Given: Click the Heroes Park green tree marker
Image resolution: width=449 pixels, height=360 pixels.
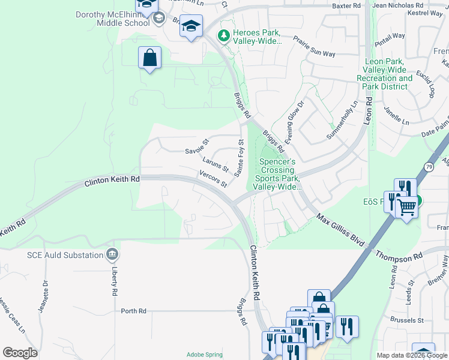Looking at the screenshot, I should [x=224, y=36].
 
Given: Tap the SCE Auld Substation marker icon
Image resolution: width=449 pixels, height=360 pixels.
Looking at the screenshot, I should [x=112, y=255].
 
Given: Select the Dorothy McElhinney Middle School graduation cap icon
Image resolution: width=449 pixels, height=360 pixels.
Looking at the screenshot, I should [x=158, y=17].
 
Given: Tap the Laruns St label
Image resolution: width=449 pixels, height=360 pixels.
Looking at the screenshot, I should [x=215, y=163].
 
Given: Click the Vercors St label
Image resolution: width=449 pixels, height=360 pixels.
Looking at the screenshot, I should [x=214, y=179].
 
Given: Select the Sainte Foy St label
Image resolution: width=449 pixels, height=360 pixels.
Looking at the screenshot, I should [x=240, y=158].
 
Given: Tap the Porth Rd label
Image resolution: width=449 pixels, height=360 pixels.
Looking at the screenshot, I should [x=133, y=311].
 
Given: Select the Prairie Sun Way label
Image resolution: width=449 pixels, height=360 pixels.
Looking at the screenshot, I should [x=314, y=46].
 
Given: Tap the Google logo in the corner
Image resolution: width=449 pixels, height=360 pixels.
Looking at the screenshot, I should [x=20, y=353].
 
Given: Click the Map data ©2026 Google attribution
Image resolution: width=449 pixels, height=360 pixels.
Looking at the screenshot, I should [x=412, y=355].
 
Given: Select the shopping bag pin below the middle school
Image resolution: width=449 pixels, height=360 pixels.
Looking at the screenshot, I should [x=150, y=59].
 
